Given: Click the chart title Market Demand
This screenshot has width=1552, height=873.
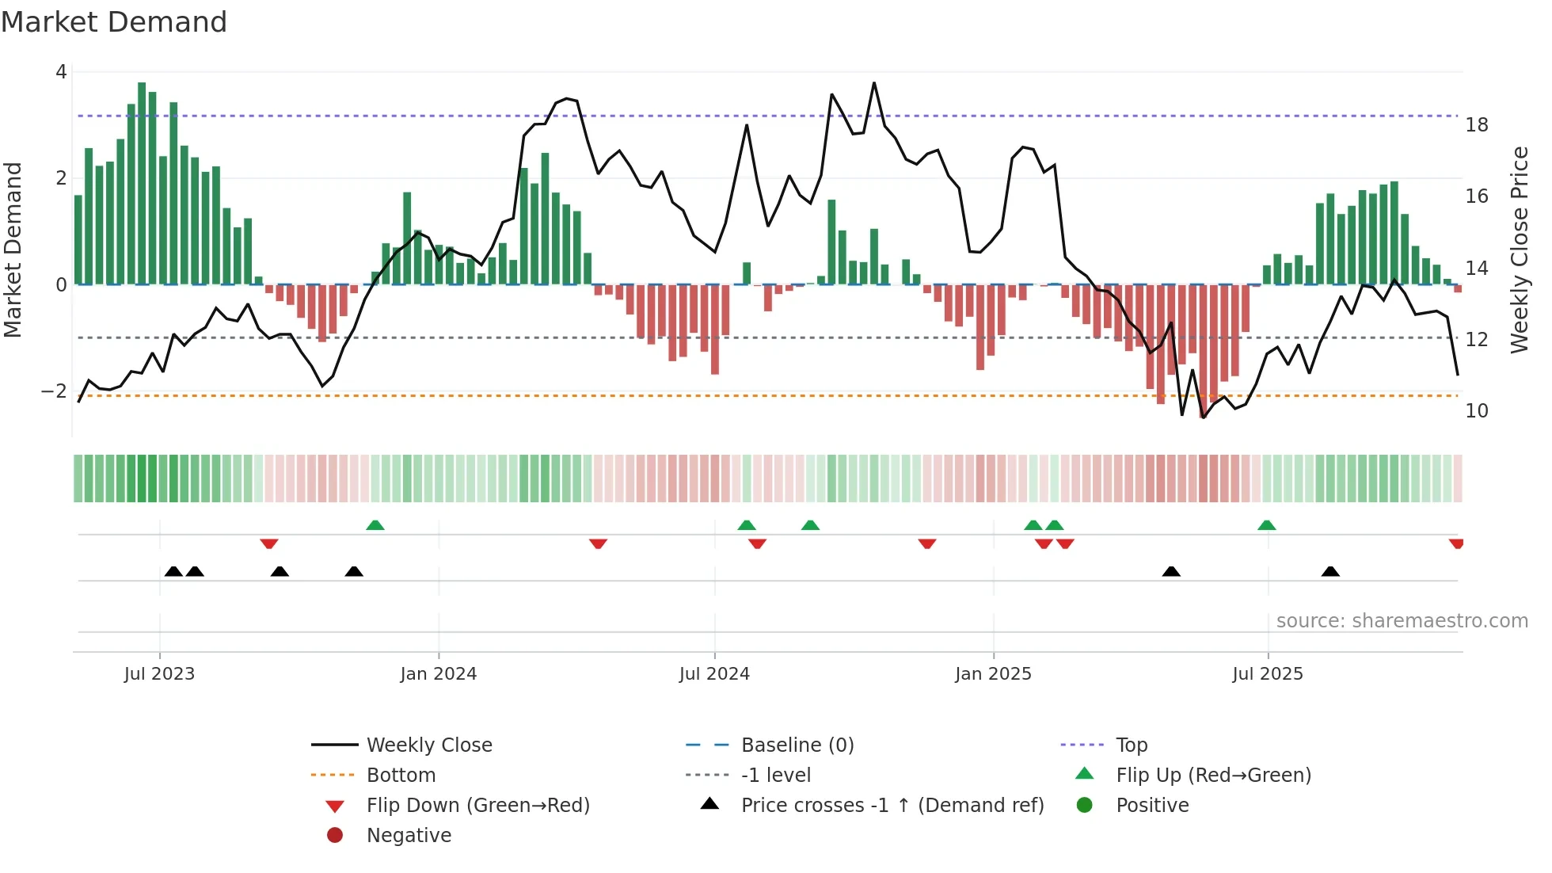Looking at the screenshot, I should (x=114, y=22).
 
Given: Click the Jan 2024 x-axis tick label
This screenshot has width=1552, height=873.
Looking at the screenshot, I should (x=438, y=674).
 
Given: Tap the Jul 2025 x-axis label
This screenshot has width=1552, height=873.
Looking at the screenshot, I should (x=1267, y=674).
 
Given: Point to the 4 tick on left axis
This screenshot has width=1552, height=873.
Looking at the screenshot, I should (x=61, y=72).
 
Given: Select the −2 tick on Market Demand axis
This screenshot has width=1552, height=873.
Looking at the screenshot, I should (x=55, y=391).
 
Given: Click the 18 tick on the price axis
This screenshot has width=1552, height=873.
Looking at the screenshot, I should (x=1476, y=125).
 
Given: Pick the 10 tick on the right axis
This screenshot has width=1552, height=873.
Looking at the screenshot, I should (x=1476, y=411).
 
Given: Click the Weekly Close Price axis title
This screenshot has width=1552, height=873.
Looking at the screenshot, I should (x=1519, y=250).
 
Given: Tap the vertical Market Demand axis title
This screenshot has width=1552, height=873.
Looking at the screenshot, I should (x=13, y=250).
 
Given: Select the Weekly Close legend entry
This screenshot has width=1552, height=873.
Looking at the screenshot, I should (x=428, y=745).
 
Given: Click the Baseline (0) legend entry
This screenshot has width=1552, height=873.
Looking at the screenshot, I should (x=797, y=745).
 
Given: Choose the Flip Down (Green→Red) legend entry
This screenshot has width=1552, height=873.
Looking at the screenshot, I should (x=477, y=806).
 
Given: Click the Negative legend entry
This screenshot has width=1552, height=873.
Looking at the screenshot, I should (x=409, y=836).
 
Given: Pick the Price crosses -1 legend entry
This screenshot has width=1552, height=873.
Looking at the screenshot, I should (x=892, y=806).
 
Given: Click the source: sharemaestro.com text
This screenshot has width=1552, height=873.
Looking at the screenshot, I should (x=1402, y=621).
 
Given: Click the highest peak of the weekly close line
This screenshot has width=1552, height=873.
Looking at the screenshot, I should (x=874, y=83).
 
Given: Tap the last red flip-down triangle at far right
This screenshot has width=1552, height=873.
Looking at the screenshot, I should (x=1455, y=543).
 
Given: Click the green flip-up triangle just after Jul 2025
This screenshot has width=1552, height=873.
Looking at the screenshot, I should (x=1266, y=525).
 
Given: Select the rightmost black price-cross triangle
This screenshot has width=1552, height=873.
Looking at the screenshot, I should (x=1330, y=571).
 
